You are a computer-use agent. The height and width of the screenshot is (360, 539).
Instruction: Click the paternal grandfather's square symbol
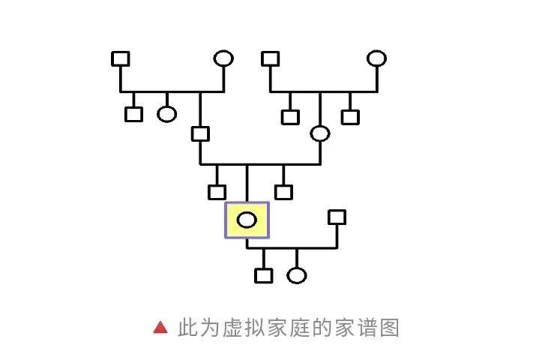click(x=120, y=58)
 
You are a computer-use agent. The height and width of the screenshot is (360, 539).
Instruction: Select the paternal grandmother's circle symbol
click(x=223, y=58)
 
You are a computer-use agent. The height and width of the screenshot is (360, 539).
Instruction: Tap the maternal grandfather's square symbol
click(x=270, y=58)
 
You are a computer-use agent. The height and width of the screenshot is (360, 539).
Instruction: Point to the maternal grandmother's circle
click(x=376, y=58)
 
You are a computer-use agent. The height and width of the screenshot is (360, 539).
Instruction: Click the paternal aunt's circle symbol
click(x=166, y=114)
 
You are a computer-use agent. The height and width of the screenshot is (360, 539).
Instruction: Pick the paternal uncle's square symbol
click(x=133, y=114)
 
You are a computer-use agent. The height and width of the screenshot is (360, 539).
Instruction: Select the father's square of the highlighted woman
click(x=199, y=134)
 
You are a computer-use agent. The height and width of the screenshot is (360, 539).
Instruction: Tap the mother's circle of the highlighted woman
click(x=320, y=134)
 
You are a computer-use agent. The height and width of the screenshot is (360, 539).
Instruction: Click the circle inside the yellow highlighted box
click(x=247, y=220)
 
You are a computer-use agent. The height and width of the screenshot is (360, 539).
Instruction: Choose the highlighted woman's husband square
click(x=337, y=217)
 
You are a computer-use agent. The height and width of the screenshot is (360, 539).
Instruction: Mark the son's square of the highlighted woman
click(x=263, y=275)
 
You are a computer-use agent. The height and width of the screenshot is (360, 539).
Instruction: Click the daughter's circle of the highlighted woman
click(x=297, y=275)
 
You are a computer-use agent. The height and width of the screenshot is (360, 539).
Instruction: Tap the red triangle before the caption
click(x=160, y=328)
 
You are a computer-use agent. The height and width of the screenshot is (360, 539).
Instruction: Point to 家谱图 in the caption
click(x=366, y=328)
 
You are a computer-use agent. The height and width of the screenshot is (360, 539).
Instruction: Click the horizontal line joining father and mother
click(x=259, y=163)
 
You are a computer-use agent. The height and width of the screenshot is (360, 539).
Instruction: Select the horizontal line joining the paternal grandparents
click(x=172, y=91)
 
